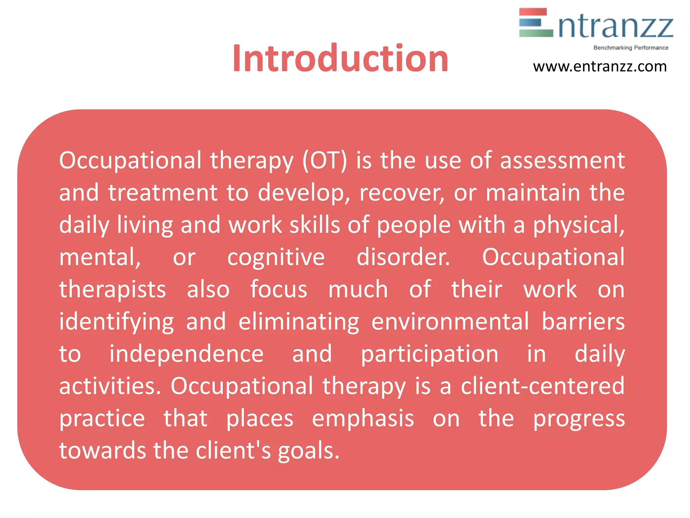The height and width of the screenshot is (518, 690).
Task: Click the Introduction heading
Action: (340, 59)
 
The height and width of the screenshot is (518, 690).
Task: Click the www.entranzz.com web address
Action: (600, 66)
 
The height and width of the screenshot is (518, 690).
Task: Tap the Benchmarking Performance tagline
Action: (631, 48)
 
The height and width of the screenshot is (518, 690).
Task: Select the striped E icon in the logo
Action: (536, 23)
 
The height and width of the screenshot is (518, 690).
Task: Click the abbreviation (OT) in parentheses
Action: (324, 161)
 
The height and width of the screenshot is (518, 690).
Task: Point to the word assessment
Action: (562, 161)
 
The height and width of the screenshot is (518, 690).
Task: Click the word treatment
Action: (163, 193)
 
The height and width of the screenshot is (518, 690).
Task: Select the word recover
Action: (401, 193)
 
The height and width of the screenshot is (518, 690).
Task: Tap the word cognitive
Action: (276, 257)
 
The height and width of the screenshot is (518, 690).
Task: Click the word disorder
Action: (403, 257)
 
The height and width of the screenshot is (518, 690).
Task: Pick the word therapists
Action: (113, 290)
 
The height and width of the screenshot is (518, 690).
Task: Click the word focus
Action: (279, 290)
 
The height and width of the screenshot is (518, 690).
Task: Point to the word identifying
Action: (117, 322)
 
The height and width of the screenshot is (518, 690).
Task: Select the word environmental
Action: (450, 322)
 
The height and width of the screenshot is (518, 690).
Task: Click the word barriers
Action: (583, 322)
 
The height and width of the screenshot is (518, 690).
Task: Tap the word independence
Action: (186, 354)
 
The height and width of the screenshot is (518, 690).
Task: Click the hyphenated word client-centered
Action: (542, 386)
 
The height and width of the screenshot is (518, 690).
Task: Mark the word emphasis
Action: (363, 419)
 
